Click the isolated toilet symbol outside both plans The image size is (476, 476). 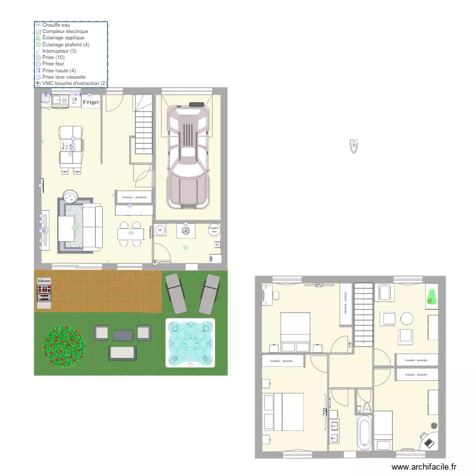(x=353, y=147)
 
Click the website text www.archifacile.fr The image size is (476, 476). (x=424, y=466)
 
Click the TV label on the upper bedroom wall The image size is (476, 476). (x=320, y=286)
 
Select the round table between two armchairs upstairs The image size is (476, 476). (x=406, y=318)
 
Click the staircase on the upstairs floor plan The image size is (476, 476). (x=363, y=314)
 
